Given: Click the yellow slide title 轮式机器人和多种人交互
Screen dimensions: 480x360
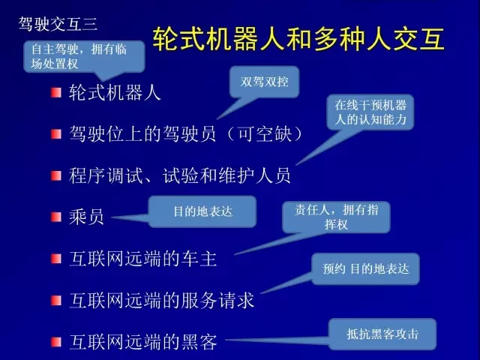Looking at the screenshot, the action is point(298,38).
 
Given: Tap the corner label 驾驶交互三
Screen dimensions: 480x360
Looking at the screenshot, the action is point(58,24).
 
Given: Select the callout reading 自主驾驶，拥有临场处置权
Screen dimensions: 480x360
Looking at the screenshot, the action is point(84,57).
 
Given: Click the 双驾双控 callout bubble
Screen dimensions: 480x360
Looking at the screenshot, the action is point(264,82).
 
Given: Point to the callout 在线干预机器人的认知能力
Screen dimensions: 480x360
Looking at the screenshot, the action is point(370,112).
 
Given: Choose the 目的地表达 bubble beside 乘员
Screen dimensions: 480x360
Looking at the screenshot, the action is point(202,211).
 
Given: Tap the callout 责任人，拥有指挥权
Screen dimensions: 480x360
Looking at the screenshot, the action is point(336,217).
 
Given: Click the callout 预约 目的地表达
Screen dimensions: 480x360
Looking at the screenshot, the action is point(365,268).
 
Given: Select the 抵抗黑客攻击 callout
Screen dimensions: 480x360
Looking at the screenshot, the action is point(382,334).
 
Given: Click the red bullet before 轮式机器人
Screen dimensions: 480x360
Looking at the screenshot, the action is point(56,92).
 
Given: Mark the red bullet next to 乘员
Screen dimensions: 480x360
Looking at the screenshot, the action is point(56,217).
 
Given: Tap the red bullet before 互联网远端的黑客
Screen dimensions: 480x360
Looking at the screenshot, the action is point(56,342).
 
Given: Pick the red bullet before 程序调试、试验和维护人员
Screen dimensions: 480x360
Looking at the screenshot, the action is point(56,175).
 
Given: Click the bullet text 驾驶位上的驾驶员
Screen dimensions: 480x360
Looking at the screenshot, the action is point(142,133).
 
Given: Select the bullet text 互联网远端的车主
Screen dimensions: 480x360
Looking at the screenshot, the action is point(143,259).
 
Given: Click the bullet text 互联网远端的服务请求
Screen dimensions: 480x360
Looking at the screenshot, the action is point(162,300).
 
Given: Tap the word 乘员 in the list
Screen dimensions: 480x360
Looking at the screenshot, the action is point(86,217).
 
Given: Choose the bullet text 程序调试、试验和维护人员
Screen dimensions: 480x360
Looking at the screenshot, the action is point(180,175).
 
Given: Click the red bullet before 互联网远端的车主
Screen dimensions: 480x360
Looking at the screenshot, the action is point(56,259).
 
